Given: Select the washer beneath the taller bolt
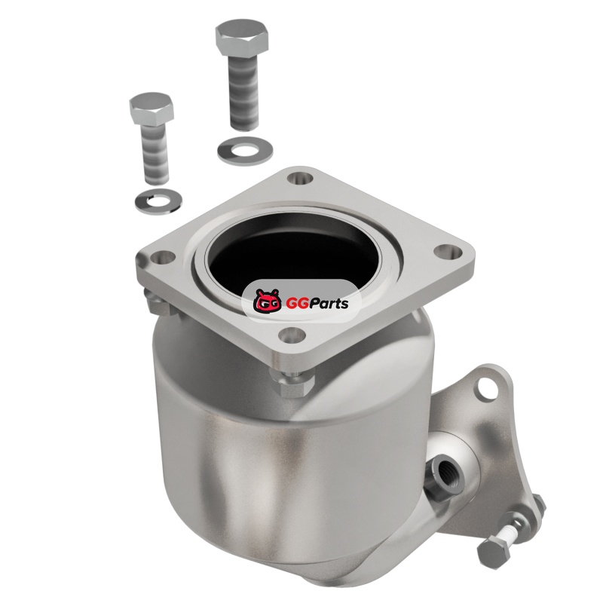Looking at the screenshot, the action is pos(245,149).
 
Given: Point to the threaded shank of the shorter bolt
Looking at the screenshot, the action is pos(156,154).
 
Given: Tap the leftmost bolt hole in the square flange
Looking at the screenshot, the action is pos(164,256).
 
